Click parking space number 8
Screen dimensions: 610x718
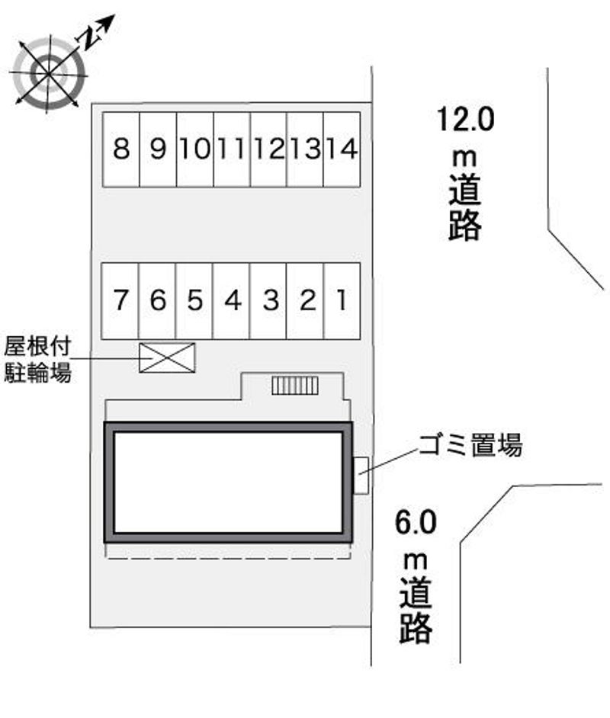121,149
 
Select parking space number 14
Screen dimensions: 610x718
342,149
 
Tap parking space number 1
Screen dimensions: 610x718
342,301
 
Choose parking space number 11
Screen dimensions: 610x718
232,149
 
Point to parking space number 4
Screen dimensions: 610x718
231,301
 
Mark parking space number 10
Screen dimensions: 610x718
194,149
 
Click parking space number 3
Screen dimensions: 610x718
268,301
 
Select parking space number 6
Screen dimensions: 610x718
157,301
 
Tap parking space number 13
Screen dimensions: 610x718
305,149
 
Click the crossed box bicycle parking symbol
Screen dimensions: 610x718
167,357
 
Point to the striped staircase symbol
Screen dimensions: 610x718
295,386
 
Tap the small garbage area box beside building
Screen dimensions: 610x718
361,476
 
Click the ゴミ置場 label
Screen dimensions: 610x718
470,444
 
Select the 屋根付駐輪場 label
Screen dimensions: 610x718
37,360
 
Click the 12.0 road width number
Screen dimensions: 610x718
466,119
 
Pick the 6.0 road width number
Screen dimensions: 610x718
416,522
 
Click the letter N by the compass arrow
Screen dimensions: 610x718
91,37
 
